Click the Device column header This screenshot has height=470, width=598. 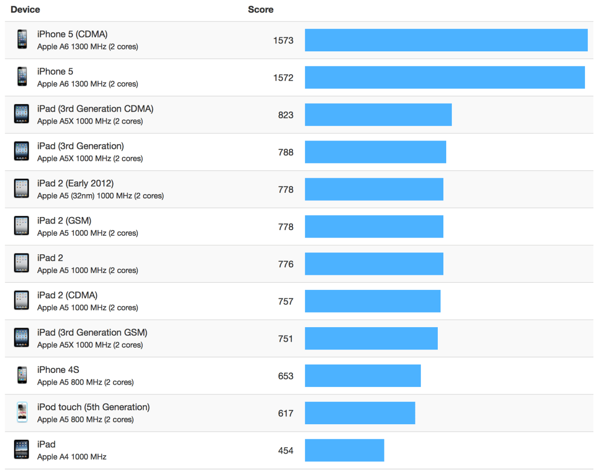(25, 10)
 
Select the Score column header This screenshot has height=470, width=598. (260, 10)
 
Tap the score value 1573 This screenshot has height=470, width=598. (283, 41)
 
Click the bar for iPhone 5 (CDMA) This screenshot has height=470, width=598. (446, 40)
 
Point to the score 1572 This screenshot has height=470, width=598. (283, 78)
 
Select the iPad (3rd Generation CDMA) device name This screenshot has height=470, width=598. (95, 109)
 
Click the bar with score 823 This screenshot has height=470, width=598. (378, 115)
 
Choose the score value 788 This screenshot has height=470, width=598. (285, 153)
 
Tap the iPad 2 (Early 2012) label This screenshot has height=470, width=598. (75, 183)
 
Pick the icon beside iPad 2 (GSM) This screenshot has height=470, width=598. (21, 226)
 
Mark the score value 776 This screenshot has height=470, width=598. (285, 265)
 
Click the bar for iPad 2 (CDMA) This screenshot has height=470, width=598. (372, 301)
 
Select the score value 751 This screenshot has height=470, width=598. (285, 339)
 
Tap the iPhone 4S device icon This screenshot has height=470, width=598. (22, 375)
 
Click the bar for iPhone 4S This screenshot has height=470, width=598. (363, 376)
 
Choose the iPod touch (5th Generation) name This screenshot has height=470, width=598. (93, 407)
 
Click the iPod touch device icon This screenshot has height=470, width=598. (22, 413)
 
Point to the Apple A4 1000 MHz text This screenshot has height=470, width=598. (72, 457)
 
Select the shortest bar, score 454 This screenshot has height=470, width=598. (344, 450)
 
